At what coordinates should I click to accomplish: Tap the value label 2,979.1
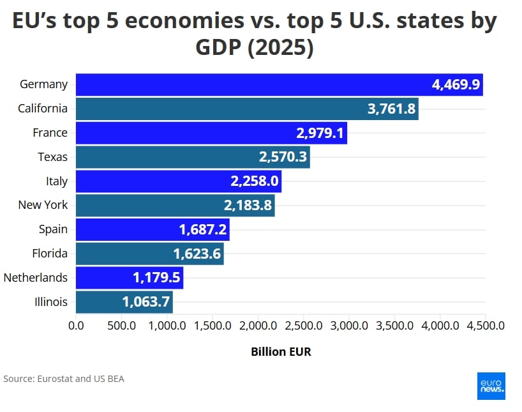pyautogui.click(x=320, y=133)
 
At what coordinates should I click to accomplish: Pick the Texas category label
pyautogui.click(x=53, y=157)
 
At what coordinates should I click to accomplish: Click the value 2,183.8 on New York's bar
pyautogui.click(x=248, y=206)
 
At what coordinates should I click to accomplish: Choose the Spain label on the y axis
pyautogui.click(x=53, y=229)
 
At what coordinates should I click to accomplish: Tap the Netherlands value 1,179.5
pyautogui.click(x=156, y=278)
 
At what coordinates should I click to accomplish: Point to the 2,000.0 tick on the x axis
pyautogui.click(x=258, y=326)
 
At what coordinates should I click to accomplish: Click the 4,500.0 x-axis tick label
pyautogui.click(x=486, y=326)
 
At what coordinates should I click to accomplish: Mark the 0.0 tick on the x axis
pyautogui.click(x=76, y=326)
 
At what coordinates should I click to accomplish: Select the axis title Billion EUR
pyautogui.click(x=281, y=352)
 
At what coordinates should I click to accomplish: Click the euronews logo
pyautogui.click(x=491, y=386)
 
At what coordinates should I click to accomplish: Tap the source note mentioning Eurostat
pyautogui.click(x=64, y=379)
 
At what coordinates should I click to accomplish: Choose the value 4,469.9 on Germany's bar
pyautogui.click(x=456, y=85)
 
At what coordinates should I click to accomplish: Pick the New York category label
pyautogui.click(x=43, y=205)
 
